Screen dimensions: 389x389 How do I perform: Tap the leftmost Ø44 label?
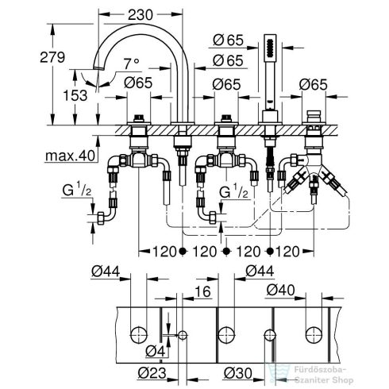click(x=105, y=272)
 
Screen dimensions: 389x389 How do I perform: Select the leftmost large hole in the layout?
click(x=140, y=334)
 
